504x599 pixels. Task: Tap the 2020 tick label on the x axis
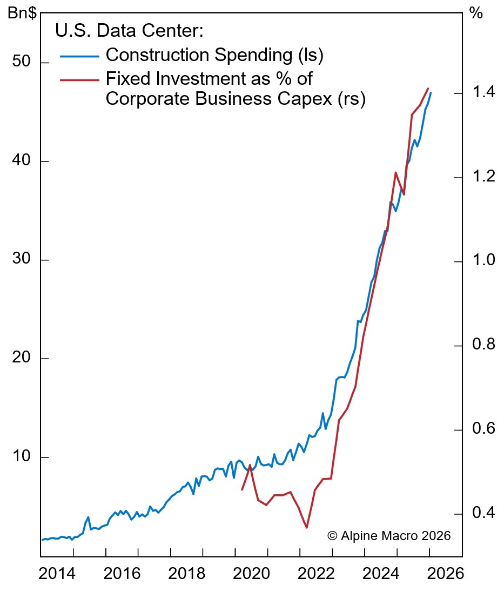(x=251, y=574)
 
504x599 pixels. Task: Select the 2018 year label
(x=186, y=574)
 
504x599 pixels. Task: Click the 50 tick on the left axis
(x=22, y=63)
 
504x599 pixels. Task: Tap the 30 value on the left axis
(x=22, y=260)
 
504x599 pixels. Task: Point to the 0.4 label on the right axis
(x=482, y=514)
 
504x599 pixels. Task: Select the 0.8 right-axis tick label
(x=482, y=346)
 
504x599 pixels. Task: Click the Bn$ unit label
(x=22, y=14)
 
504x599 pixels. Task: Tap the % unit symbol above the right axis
(x=476, y=14)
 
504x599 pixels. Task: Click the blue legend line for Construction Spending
(x=79, y=56)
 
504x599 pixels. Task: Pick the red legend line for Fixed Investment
(x=79, y=79)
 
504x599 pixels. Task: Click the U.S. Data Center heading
(x=129, y=31)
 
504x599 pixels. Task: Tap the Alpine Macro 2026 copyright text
(x=389, y=536)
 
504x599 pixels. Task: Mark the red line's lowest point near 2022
(x=307, y=528)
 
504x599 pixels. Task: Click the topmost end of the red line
(x=428, y=89)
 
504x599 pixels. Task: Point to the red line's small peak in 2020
(x=250, y=465)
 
